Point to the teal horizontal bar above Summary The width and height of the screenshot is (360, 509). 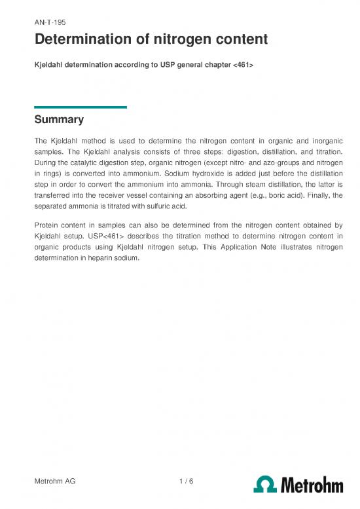[x=80, y=107]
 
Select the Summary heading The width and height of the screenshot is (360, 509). [x=59, y=120]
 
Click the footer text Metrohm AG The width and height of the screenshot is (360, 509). [x=55, y=481]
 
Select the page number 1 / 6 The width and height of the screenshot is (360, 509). [x=185, y=481]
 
